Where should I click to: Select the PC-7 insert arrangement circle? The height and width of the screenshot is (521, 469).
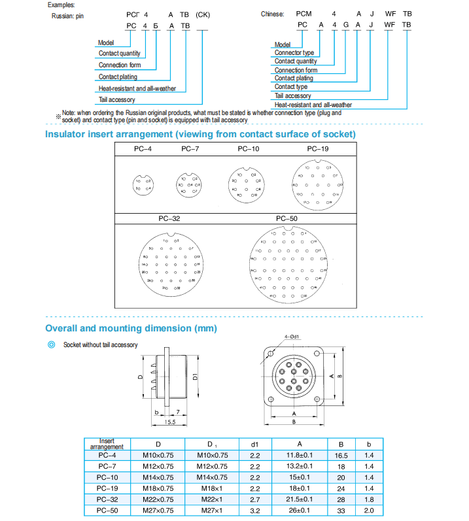pos(188,184)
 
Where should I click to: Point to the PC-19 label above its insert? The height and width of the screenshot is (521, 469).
pos(318,150)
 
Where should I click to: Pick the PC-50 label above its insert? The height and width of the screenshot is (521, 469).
pos(287,219)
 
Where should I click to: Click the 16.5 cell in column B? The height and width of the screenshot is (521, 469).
pos(341,455)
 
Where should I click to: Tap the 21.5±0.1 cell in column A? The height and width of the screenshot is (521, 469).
pos(301,498)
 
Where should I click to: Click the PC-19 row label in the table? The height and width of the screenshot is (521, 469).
pos(107,487)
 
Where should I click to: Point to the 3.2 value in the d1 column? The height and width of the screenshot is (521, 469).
pos(255,509)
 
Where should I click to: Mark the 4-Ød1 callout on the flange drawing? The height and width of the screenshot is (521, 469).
pos(292,337)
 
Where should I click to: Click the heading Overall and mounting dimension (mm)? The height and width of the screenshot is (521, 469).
pos(131,328)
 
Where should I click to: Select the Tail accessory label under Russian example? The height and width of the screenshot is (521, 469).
pos(117,100)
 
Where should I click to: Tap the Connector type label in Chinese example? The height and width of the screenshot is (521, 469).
pos(294,52)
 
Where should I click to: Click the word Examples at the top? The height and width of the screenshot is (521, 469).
pos(61,4)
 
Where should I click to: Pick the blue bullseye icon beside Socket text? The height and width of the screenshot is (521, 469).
pos(52,344)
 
